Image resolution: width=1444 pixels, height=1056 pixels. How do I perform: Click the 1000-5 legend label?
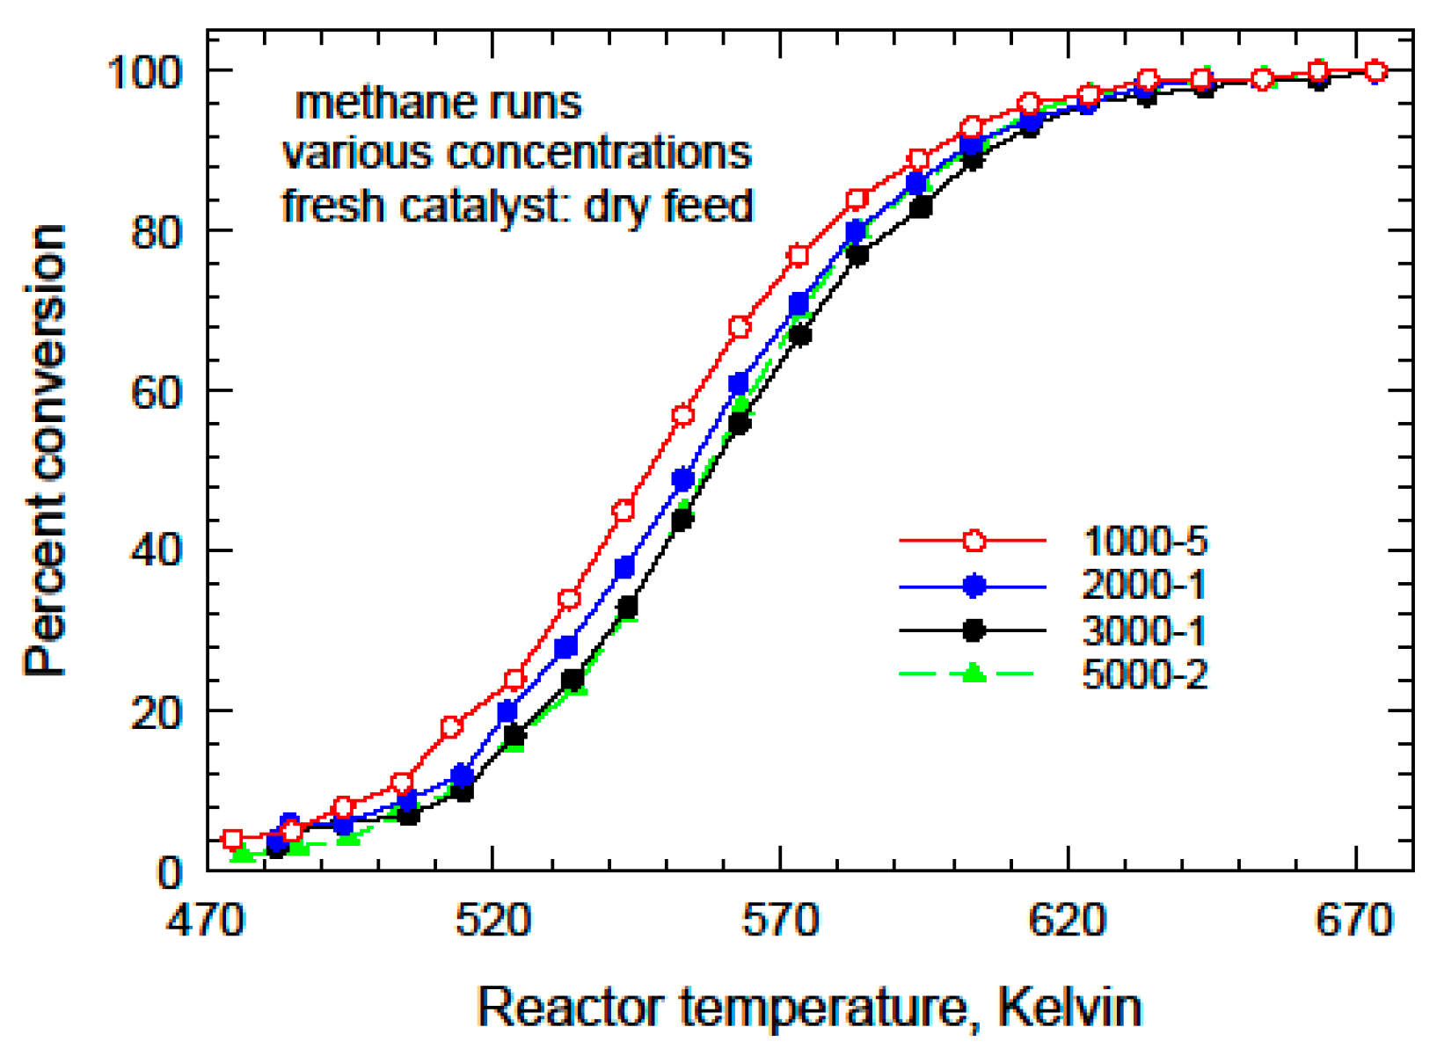tap(1145, 541)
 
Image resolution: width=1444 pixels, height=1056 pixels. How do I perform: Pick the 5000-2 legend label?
tap(1145, 675)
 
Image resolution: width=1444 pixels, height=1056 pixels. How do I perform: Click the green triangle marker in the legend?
tap(973, 674)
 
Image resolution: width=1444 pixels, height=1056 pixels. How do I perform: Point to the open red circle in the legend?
tap(974, 541)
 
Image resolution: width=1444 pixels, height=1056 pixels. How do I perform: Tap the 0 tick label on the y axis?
tap(169, 872)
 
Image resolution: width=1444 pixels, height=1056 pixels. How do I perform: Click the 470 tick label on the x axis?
tap(205, 921)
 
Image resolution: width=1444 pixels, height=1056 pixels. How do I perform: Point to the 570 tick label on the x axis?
tap(780, 921)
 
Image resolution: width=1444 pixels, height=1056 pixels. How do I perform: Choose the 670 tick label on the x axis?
tap(1354, 921)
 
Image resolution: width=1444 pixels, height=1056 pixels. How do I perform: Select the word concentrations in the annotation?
tap(600, 153)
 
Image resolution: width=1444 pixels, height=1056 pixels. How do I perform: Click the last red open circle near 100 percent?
tap(1376, 71)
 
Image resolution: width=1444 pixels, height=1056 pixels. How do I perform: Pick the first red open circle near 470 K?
tap(232, 840)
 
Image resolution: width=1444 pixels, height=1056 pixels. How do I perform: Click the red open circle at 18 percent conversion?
tap(451, 727)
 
